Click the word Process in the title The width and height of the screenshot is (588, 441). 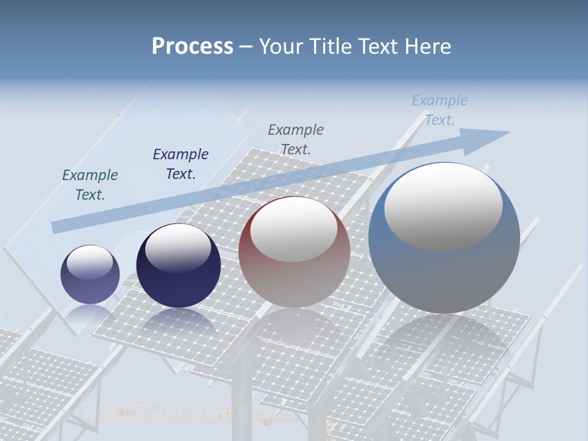192,47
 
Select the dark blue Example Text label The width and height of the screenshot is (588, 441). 181,164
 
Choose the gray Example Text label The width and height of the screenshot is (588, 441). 296,139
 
